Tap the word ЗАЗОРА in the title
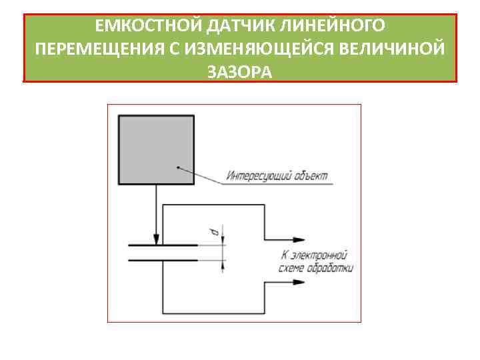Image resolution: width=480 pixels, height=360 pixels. point(240,71)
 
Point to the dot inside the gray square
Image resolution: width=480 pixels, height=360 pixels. point(178,167)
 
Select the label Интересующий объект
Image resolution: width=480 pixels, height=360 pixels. point(277,177)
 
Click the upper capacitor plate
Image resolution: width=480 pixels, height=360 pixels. point(163,245)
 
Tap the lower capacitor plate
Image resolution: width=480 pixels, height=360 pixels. point(163,259)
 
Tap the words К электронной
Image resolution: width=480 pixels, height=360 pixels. point(314,255)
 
